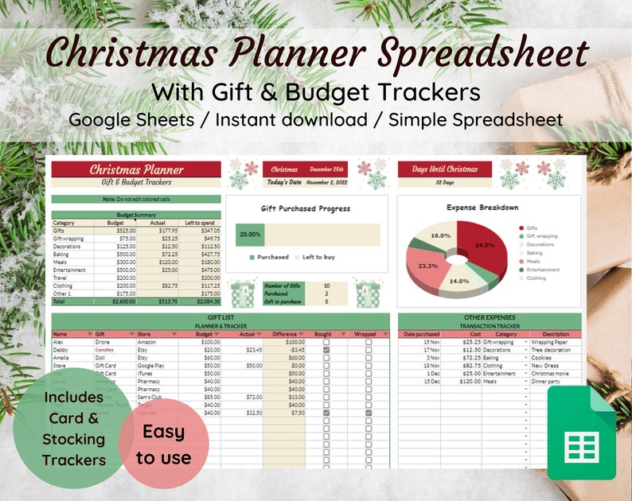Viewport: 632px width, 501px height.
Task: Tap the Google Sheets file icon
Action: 580,434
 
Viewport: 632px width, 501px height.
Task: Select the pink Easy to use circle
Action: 163,445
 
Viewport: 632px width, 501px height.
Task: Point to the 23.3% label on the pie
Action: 427,266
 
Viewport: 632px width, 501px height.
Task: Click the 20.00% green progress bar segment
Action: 250,235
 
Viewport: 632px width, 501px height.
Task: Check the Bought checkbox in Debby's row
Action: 326,349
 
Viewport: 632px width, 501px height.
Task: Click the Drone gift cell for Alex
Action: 104,341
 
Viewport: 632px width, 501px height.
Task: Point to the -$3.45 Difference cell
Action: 295,349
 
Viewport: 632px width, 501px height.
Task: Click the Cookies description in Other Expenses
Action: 544,357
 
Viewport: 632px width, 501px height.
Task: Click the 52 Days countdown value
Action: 444,182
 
